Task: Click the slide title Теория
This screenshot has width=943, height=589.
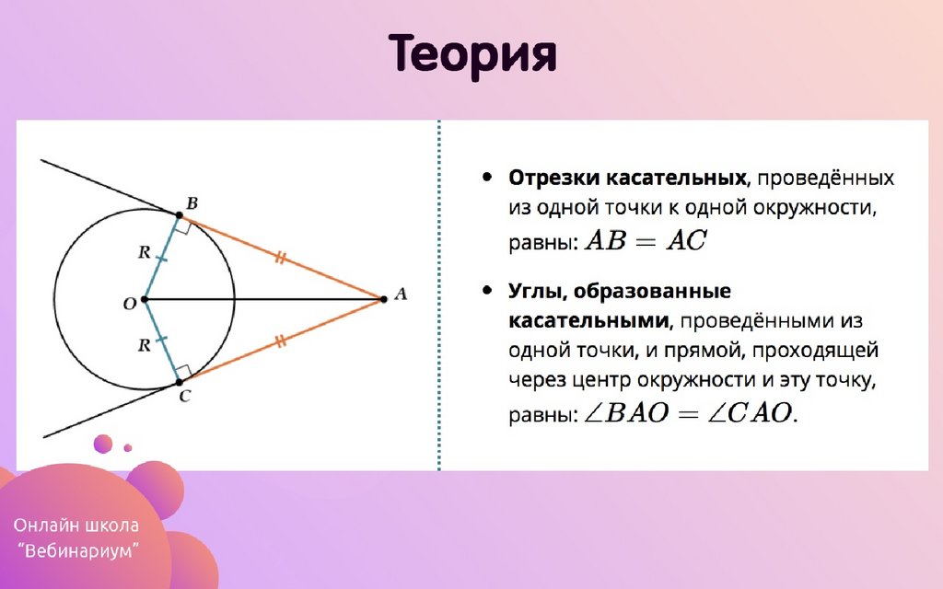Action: pos(472,55)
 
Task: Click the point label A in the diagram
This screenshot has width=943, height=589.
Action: pos(401,294)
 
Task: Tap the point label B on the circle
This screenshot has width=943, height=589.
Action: pos(192,203)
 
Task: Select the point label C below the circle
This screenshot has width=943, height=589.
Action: pos(184,396)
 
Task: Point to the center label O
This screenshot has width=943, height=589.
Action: pos(130,304)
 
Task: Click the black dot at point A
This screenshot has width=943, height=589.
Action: pos(384,299)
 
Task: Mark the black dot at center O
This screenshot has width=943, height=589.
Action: pos(145,299)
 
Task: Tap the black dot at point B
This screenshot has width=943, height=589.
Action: pos(180,214)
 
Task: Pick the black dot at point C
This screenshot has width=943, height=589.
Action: pos(180,382)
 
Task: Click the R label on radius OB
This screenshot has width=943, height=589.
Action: pos(144,252)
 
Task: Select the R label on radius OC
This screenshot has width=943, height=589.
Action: pos(144,346)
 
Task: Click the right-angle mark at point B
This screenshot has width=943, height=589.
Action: pos(184,226)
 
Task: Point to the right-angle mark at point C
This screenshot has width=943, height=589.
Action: pos(184,372)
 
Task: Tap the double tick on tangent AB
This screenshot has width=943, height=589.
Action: pos(281,258)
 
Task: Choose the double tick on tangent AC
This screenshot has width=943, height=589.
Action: pos(281,341)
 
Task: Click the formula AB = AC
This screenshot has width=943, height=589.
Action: pos(646,241)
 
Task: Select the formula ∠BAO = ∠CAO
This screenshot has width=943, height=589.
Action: pos(691,413)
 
